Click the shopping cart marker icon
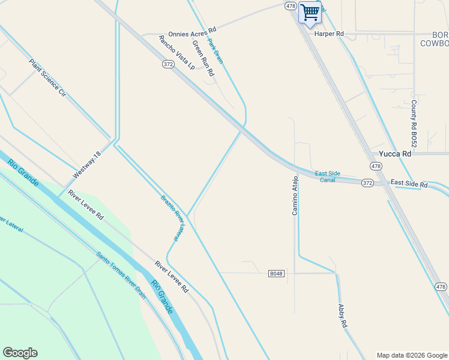pos(310,13)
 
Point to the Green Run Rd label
pos(203,58)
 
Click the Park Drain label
pos(215,51)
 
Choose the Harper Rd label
pos(329,34)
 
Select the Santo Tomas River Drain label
pos(121,275)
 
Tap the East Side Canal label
pos(328,176)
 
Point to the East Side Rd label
pos(409,182)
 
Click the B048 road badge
pos(276,274)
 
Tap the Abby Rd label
pos(343,316)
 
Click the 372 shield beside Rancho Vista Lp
pos(168,63)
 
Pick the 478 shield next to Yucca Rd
pos(376,166)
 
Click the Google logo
pos(20,353)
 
